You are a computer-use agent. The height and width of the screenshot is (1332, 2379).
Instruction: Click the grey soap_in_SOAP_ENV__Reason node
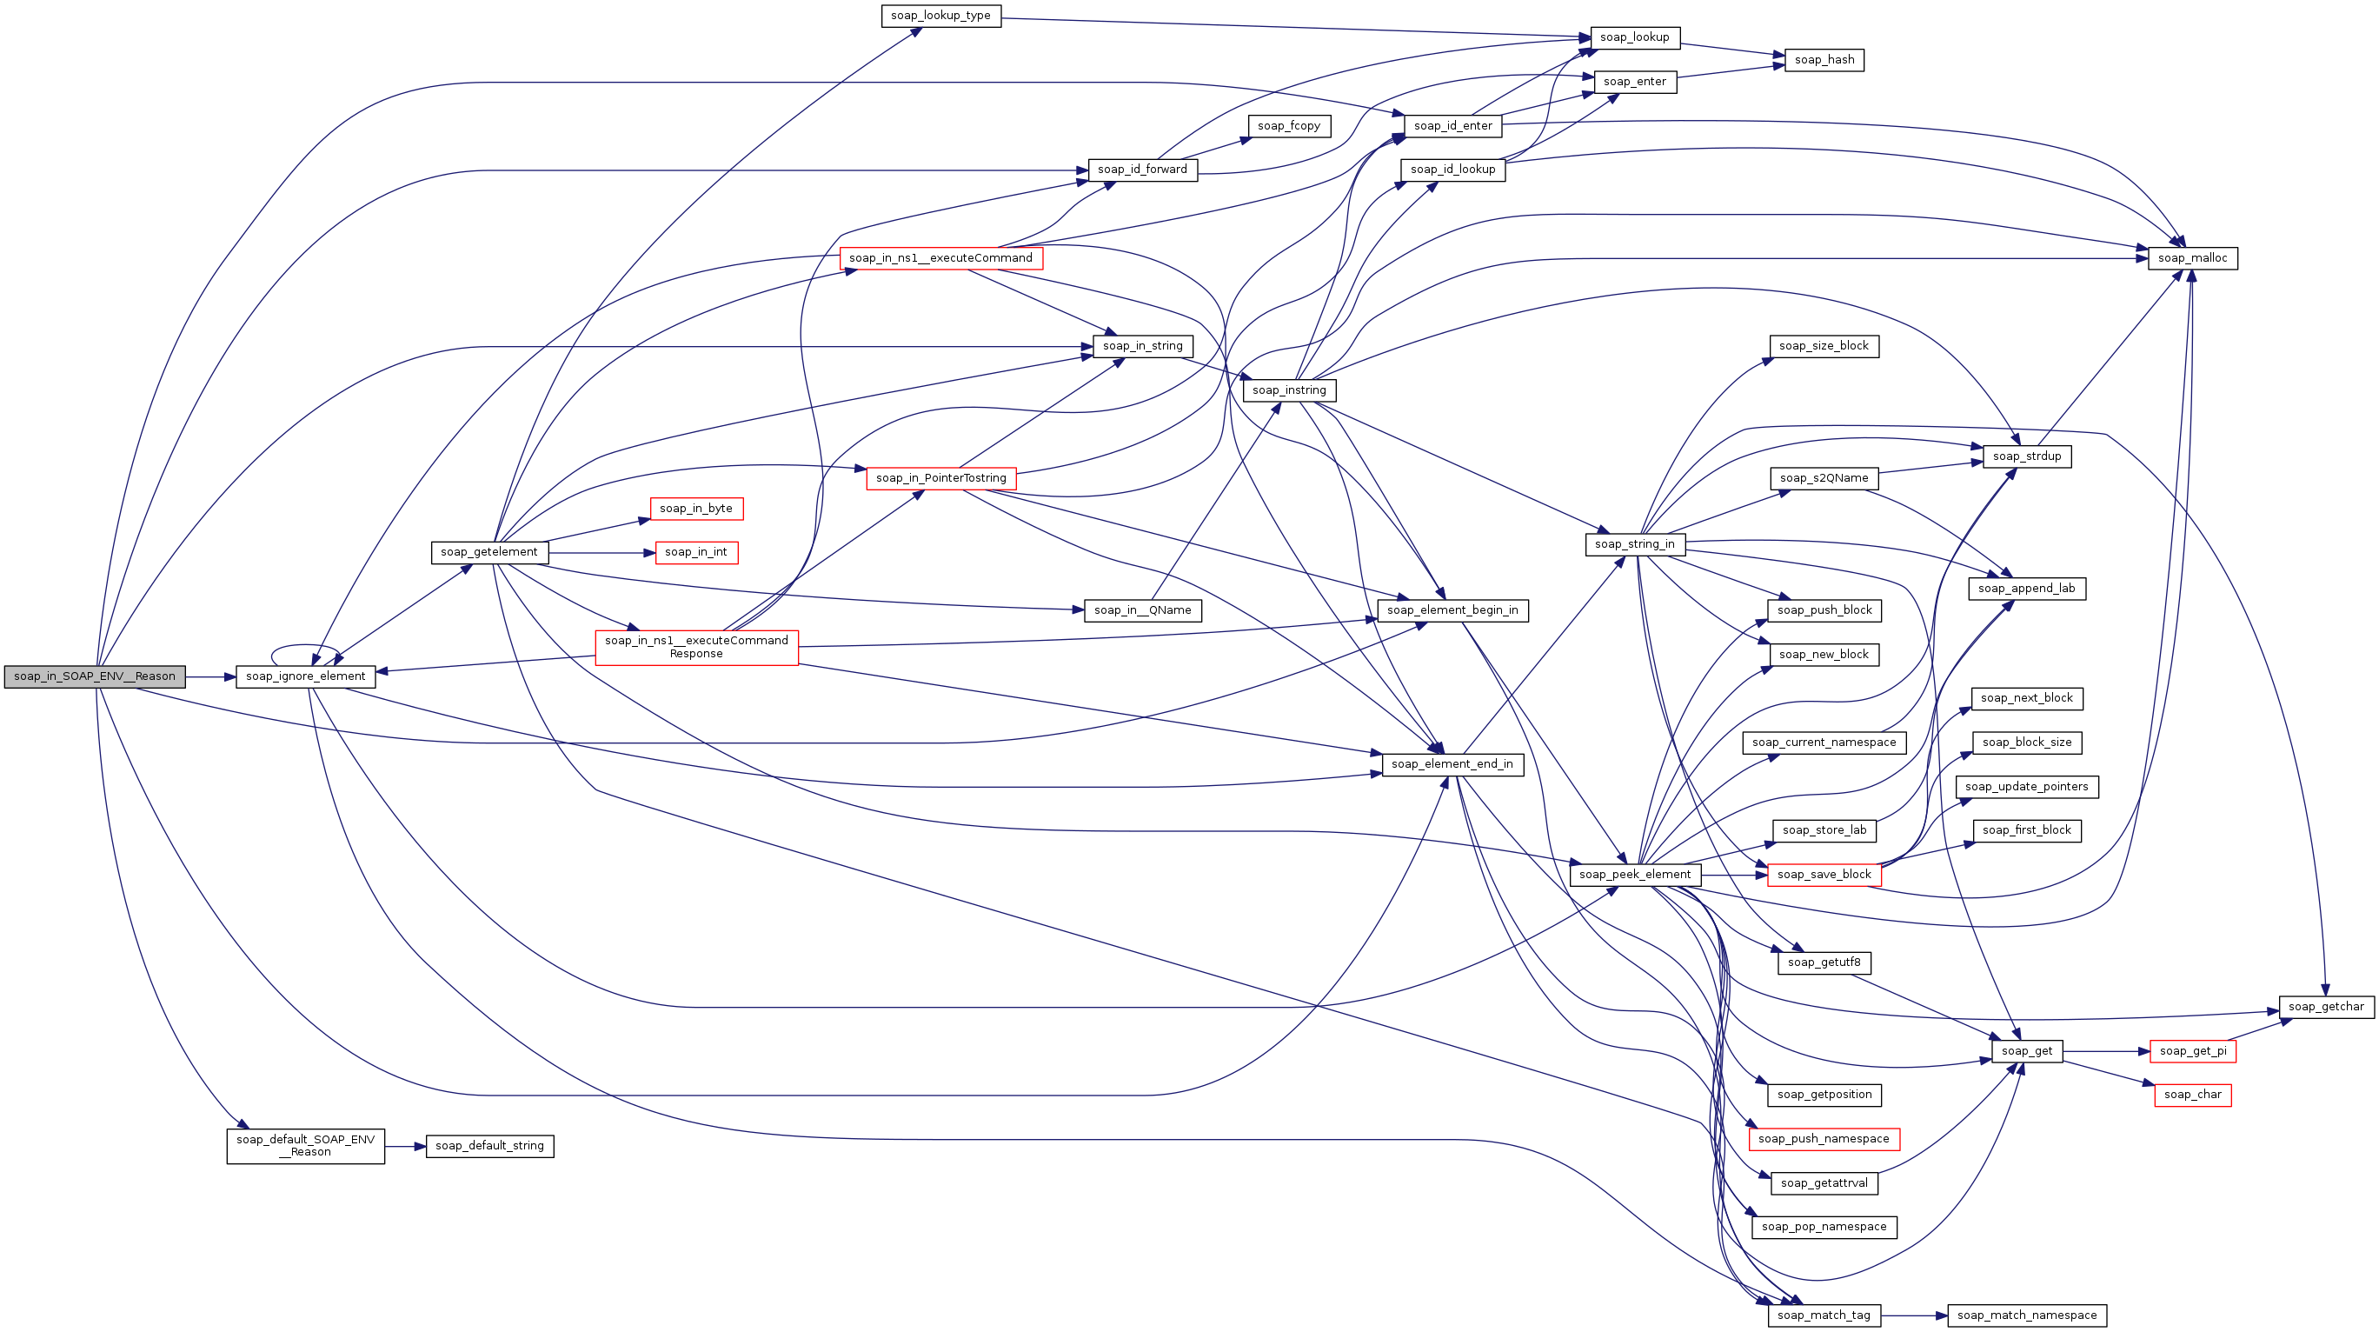click(x=94, y=676)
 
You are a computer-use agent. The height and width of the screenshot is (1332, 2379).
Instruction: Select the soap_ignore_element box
click(x=306, y=676)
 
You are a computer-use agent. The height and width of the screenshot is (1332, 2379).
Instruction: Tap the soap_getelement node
click(x=488, y=552)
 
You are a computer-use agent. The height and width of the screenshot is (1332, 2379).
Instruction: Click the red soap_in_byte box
click(x=695, y=508)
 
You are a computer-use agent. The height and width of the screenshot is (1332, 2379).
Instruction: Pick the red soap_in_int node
click(x=695, y=552)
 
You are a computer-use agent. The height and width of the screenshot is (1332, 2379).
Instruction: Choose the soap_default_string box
click(x=489, y=1145)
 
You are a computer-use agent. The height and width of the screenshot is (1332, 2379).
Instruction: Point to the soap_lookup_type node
click(x=940, y=16)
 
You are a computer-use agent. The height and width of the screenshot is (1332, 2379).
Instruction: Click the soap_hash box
click(x=1824, y=60)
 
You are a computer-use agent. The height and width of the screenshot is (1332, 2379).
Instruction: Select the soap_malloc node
click(x=2192, y=257)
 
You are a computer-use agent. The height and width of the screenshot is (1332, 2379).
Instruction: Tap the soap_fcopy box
click(x=1288, y=125)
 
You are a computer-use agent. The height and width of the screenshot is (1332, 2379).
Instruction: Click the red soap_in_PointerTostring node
click(x=940, y=477)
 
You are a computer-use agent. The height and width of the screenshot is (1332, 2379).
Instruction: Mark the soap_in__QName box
click(x=1142, y=609)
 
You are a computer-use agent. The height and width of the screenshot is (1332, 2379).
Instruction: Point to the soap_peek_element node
click(x=1635, y=874)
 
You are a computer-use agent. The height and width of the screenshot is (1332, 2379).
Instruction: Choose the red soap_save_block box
click(x=1824, y=874)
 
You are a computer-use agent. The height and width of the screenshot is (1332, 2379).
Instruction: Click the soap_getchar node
click(x=2325, y=1006)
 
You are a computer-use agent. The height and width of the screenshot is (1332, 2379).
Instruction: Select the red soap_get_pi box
click(x=2192, y=1050)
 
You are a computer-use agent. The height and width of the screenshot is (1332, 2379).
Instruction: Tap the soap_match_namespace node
click(x=2026, y=1315)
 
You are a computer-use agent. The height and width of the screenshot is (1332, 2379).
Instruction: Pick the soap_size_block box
click(x=1824, y=345)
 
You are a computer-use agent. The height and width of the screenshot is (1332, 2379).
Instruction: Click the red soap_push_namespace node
click(x=1824, y=1138)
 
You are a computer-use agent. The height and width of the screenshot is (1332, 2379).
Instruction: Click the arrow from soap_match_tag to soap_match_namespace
click(x=1914, y=1315)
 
